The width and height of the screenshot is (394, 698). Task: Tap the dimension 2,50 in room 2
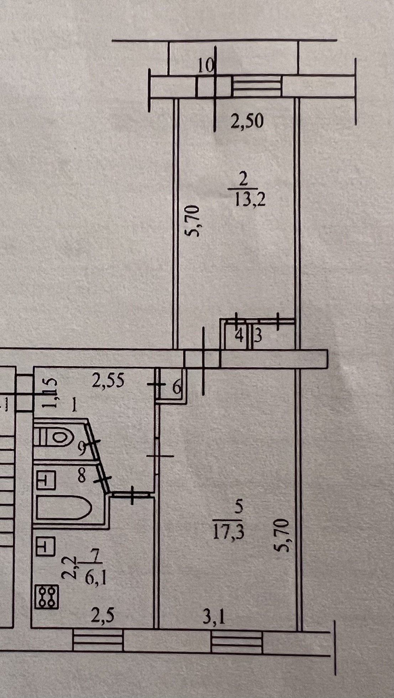(247, 121)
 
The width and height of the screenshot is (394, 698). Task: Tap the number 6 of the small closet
(176, 387)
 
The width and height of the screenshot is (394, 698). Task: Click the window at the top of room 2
(256, 86)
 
